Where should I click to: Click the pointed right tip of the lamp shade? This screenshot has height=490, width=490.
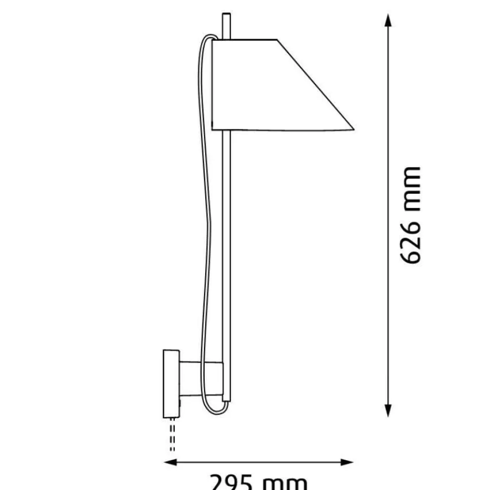[353, 130]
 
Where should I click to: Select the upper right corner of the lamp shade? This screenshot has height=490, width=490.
[277, 40]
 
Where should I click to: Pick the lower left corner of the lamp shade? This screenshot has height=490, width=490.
[213, 129]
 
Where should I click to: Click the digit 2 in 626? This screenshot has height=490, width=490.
[411, 237]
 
